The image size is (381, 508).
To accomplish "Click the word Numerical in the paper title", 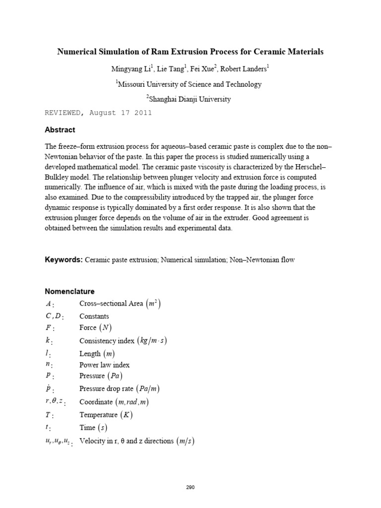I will click(x=76, y=51).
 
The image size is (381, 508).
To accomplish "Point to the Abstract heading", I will click(x=60, y=130).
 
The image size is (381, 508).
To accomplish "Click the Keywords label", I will click(x=63, y=260).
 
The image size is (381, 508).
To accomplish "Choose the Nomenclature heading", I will click(x=69, y=291).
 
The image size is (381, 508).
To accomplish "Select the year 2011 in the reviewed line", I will click(x=141, y=113).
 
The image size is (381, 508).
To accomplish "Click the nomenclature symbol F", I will click(x=49, y=328).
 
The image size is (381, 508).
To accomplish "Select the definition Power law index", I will click(x=104, y=365).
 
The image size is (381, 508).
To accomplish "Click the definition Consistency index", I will click(x=107, y=341).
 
